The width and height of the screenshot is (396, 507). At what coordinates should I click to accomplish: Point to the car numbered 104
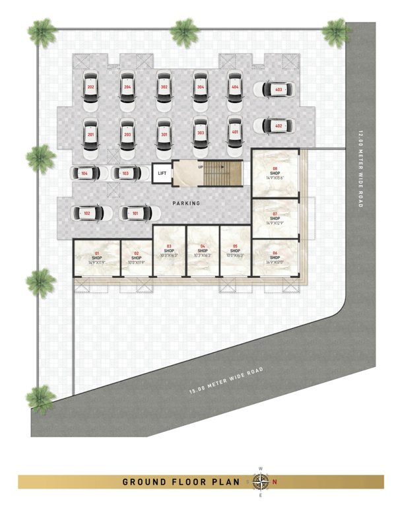click(x=85, y=174)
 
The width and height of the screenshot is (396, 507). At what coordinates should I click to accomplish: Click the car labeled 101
click(x=135, y=213)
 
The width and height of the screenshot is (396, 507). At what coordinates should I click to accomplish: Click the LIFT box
click(x=162, y=174)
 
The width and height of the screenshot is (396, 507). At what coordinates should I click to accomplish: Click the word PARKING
click(x=187, y=203)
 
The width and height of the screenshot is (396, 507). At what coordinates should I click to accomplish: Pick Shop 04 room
click(x=203, y=251)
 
